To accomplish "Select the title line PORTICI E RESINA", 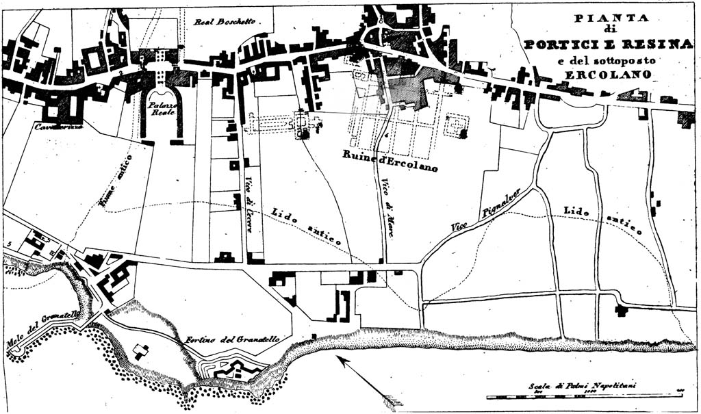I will (608, 44).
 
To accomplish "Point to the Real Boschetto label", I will (225, 22).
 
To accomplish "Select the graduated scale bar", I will (582, 396).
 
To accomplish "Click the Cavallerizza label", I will (40, 127).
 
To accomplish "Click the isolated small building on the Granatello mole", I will (141, 351).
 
